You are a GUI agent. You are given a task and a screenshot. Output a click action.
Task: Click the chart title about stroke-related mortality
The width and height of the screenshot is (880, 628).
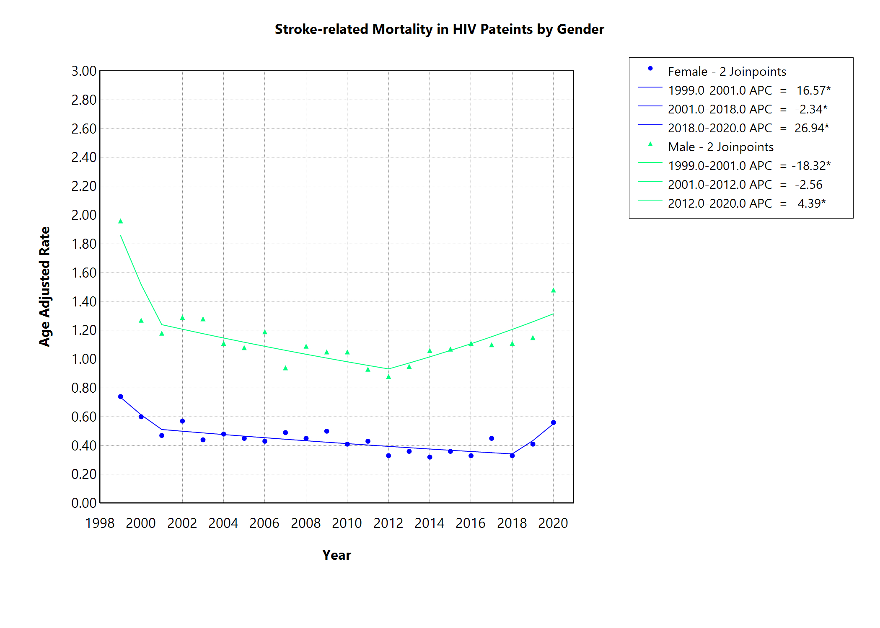[439, 29]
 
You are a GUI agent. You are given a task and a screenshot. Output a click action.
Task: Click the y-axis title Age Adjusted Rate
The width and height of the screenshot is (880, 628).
[44, 286]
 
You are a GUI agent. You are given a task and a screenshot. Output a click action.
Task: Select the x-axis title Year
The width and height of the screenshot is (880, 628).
[336, 555]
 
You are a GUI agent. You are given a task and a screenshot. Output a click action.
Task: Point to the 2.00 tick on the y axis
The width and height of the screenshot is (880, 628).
[84, 215]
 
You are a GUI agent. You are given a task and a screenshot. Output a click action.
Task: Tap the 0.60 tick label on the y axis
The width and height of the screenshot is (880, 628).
[84, 417]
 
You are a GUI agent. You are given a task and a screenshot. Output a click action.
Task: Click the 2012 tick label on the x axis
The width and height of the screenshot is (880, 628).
[388, 523]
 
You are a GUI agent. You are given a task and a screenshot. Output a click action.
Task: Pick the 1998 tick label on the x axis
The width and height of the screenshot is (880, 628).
[100, 523]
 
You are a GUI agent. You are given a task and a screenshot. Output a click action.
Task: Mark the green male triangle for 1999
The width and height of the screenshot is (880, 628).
[121, 221]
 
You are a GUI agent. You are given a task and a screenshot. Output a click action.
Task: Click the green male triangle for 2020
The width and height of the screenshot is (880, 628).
[553, 290]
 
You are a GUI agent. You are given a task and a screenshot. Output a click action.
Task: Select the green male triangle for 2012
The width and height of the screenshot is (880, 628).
[388, 377]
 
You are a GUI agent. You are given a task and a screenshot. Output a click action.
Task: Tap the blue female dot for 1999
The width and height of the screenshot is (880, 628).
[121, 396]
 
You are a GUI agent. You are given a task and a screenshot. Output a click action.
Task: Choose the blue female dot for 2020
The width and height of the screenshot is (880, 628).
[553, 422]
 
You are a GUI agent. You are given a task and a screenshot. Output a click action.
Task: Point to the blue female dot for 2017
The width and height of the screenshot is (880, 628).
[492, 438]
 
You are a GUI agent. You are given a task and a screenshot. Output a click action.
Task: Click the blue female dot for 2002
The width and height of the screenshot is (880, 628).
[182, 421]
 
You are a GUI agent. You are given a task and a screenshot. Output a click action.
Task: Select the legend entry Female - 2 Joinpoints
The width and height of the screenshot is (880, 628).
[727, 72]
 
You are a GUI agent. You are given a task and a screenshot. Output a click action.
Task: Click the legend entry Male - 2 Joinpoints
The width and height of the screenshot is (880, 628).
[720, 147]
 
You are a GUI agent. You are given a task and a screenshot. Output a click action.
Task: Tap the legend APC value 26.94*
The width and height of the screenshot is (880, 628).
[811, 128]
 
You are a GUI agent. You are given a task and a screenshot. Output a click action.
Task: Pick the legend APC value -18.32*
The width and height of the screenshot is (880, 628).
[811, 166]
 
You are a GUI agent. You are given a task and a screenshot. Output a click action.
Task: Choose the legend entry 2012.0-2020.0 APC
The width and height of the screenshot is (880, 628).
[720, 203]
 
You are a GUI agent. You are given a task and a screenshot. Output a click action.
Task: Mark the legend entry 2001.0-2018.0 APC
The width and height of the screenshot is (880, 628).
[720, 109]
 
